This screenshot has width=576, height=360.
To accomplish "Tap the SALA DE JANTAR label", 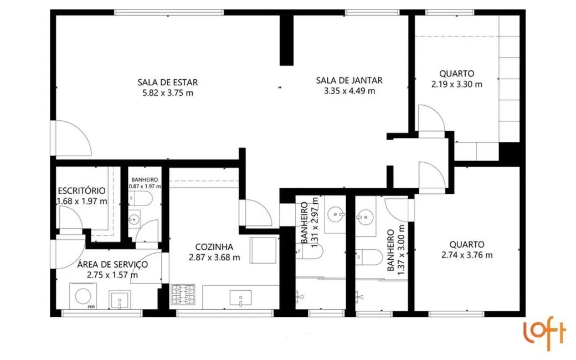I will point(349,80).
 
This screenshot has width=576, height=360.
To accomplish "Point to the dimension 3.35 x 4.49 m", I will point(349,91).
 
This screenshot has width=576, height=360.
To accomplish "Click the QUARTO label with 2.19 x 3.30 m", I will point(456,73).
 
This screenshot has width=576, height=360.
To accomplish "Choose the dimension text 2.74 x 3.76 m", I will point(467,255).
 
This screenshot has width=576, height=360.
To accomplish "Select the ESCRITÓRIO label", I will point(82,191).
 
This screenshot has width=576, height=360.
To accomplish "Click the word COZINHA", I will point(214,247).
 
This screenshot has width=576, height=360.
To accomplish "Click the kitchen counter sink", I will point(241,300).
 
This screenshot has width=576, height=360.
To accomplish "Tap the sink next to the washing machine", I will point(119,301).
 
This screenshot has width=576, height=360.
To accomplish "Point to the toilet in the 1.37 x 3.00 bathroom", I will point(369,256).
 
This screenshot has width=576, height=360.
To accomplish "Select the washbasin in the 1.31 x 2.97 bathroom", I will point(336,213).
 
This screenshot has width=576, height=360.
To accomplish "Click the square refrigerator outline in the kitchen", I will point(263,251).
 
